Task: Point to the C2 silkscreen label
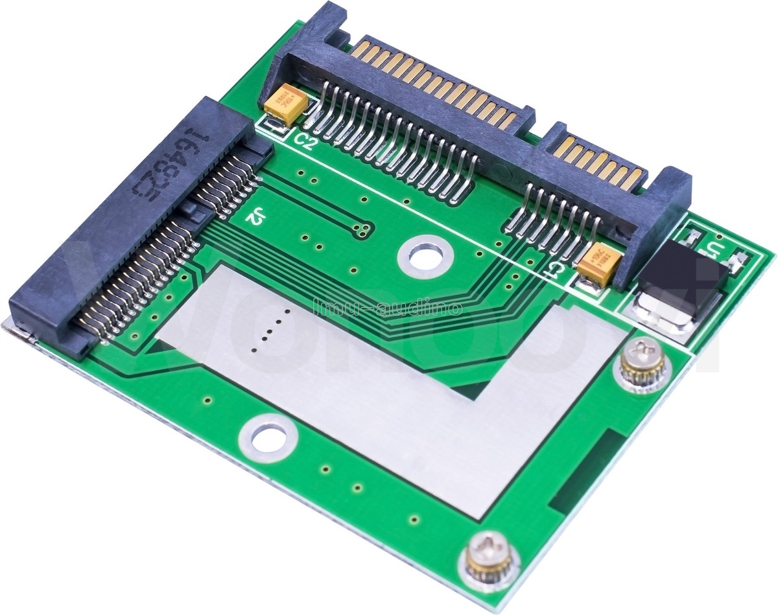click(x=305, y=141)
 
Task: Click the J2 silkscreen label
click(x=253, y=218)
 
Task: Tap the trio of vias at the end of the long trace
click(x=362, y=227)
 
